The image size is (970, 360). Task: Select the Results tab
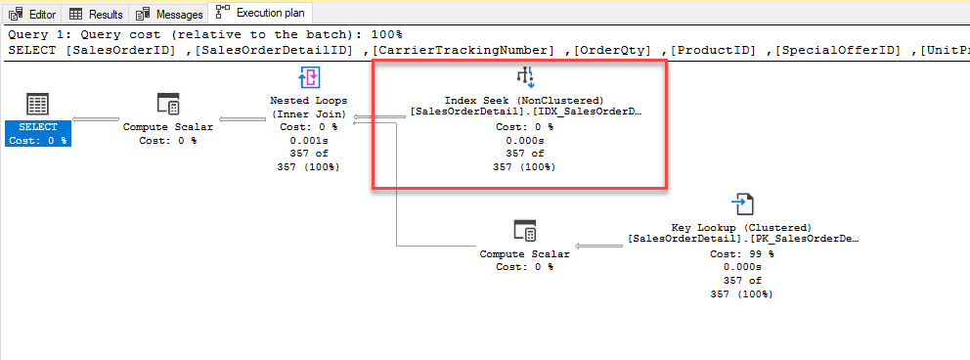(96, 14)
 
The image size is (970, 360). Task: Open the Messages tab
(169, 14)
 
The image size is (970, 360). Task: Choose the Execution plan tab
(260, 13)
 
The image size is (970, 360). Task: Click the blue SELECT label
(38, 134)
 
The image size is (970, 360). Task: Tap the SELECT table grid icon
(38, 105)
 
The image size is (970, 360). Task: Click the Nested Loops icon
(309, 77)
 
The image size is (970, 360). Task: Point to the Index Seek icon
(525, 77)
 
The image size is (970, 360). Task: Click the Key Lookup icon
(742, 204)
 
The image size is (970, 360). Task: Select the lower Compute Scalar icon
(525, 230)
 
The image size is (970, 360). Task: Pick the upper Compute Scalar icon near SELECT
(168, 105)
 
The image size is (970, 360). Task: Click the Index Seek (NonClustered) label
(525, 100)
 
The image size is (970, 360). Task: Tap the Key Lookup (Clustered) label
(742, 228)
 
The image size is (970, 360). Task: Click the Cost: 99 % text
(742, 254)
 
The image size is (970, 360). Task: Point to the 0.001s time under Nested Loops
(309, 141)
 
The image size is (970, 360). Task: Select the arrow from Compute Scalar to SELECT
(96, 119)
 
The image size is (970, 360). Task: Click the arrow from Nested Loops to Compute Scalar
(243, 119)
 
